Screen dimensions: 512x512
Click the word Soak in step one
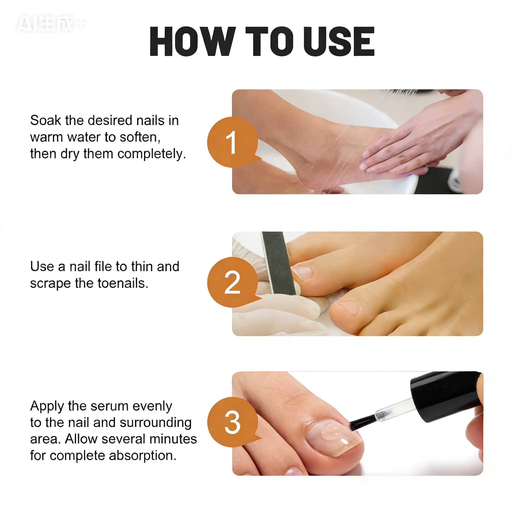click(x=45, y=120)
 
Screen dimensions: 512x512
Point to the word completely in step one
click(x=151, y=154)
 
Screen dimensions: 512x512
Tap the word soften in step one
click(x=140, y=137)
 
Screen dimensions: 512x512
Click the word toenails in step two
click(x=123, y=283)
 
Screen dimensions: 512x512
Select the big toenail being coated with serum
click(x=334, y=437)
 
